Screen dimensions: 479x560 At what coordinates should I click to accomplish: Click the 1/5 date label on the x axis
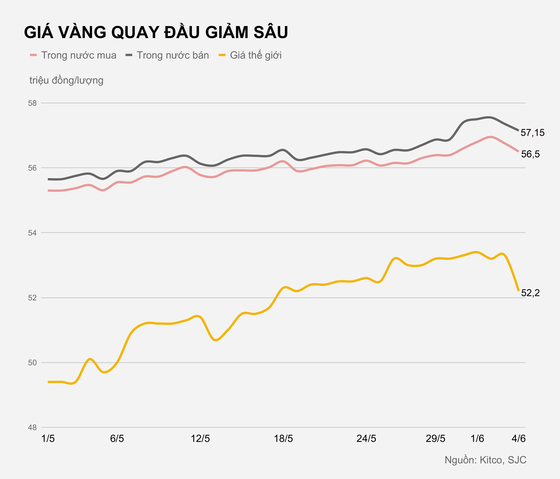pyautogui.click(x=48, y=439)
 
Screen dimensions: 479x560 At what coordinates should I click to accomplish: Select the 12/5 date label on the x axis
pyautogui.click(x=200, y=439)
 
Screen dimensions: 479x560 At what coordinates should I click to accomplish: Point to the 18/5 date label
pyautogui.click(x=284, y=439)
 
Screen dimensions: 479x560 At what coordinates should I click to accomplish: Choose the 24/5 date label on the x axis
pyautogui.click(x=366, y=439)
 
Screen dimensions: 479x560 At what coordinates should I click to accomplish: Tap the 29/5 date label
pyautogui.click(x=435, y=439)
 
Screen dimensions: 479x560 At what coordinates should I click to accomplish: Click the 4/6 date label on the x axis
pyautogui.click(x=518, y=439)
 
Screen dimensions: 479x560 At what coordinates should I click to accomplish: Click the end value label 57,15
pyautogui.click(x=532, y=133)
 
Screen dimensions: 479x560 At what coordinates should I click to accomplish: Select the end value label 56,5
pyautogui.click(x=530, y=154)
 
